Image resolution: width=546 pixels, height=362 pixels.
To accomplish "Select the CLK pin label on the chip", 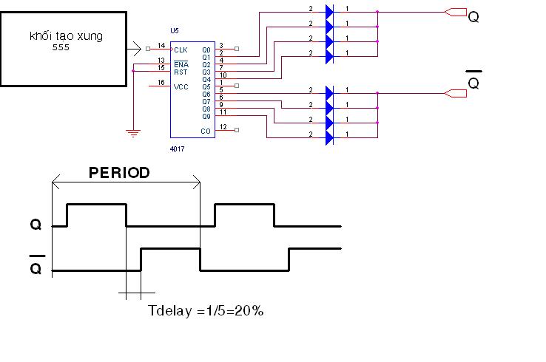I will click(181, 49).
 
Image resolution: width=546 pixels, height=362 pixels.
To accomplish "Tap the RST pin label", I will click(181, 72).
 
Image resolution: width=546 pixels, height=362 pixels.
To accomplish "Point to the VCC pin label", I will click(181, 86).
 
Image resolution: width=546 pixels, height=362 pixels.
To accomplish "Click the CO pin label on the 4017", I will click(206, 131).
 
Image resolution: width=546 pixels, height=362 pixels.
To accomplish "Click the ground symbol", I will click(133, 133).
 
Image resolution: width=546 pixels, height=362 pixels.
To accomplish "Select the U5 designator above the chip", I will click(174, 31).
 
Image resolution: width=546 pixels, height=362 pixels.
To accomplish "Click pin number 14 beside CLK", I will click(161, 46).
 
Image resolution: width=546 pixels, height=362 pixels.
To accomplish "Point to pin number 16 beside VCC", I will click(161, 83).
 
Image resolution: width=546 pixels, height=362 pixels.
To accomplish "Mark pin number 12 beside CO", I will click(223, 127).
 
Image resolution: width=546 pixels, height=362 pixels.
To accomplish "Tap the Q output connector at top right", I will click(456, 13).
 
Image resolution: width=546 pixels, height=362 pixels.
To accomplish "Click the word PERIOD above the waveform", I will click(119, 173).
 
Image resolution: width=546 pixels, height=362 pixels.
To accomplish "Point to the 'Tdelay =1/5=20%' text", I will click(206, 311).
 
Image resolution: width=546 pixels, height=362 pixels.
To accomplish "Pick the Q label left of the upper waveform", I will click(36, 224).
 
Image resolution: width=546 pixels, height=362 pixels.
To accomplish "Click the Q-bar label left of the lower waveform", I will click(36, 267).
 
